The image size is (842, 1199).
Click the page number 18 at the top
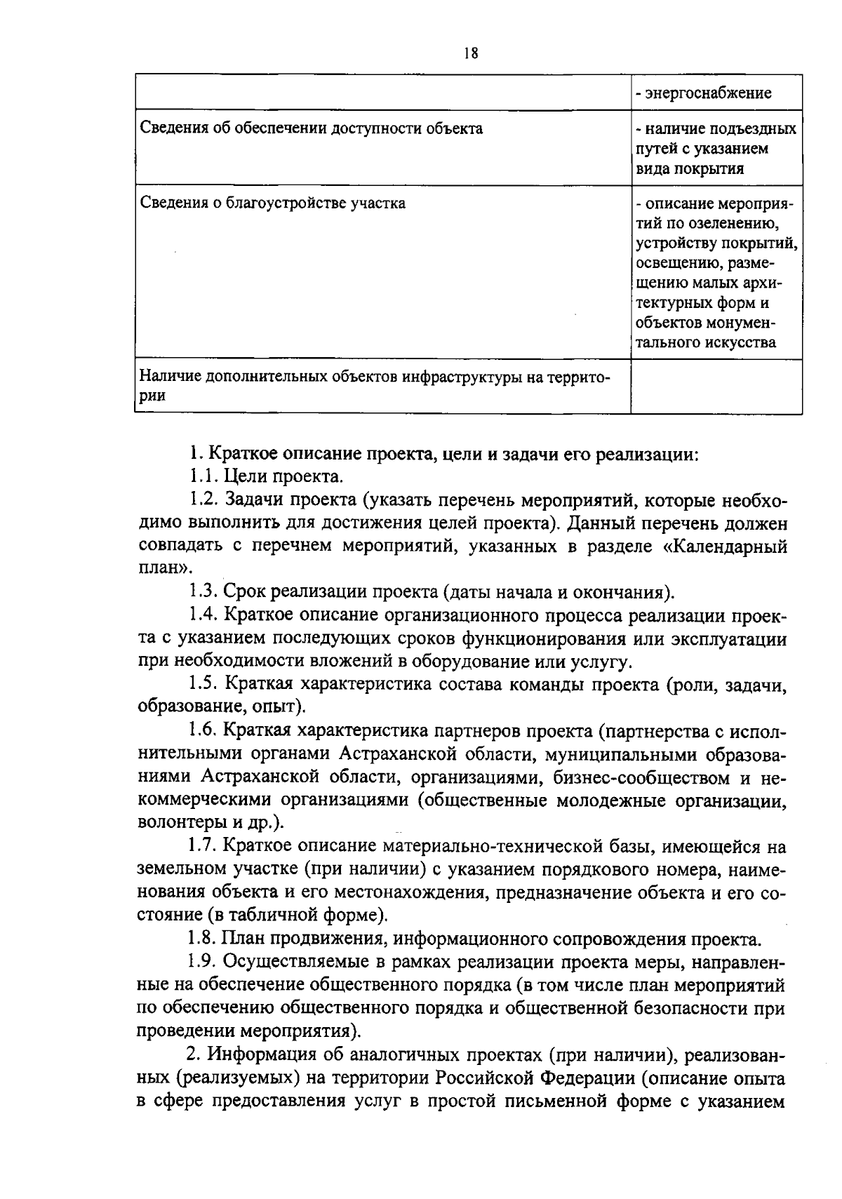tap(471, 54)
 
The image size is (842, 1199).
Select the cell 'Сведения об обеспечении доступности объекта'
tap(312, 128)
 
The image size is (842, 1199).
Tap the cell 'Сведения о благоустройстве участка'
tap(273, 203)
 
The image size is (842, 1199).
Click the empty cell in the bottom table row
tap(716, 386)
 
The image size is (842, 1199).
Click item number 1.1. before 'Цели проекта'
tap(203, 478)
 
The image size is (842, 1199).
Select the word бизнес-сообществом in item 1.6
tap(641, 777)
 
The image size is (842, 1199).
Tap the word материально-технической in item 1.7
tap(514, 847)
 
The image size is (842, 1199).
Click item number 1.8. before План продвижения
tap(203, 939)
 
